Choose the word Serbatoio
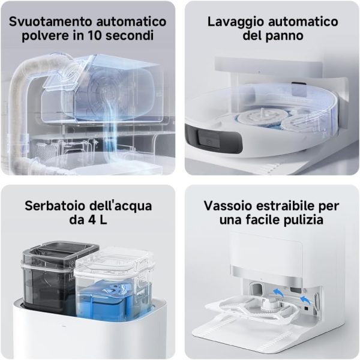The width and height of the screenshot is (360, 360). pyautogui.click(x=55, y=206)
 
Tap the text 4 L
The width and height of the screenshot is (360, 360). pyautogui.click(x=98, y=220)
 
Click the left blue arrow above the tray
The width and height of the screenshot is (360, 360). pyautogui.click(x=278, y=293)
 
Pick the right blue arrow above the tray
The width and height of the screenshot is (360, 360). pyautogui.click(x=305, y=300)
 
